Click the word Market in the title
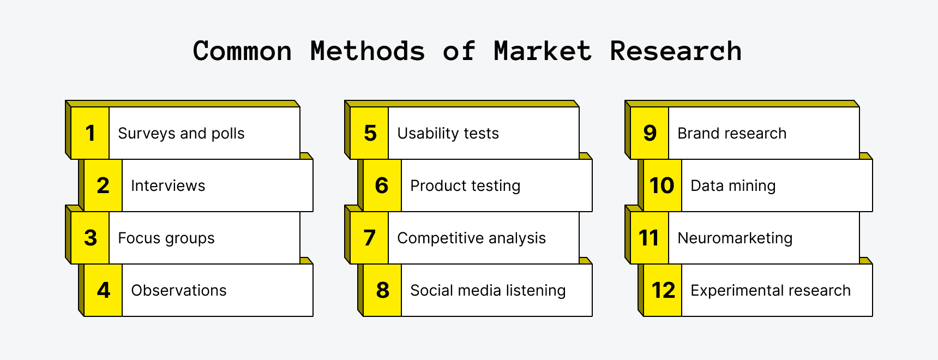coord(542,51)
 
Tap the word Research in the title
coord(676,51)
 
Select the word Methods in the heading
coord(368,51)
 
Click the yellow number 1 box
coord(90,133)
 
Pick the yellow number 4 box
coord(103,290)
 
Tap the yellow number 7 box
coord(369,238)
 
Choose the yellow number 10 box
coord(662,185)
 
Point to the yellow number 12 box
coord(663,290)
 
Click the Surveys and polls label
coord(181,134)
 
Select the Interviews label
coord(168,186)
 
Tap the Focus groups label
coord(166,238)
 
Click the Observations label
coord(179,291)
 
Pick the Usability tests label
coord(448,134)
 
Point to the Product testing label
coord(465,186)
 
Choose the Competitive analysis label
coord(471,238)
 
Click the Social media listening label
coord(488,291)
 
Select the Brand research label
coord(732,134)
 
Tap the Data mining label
coord(733,186)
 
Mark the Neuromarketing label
coord(735,238)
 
